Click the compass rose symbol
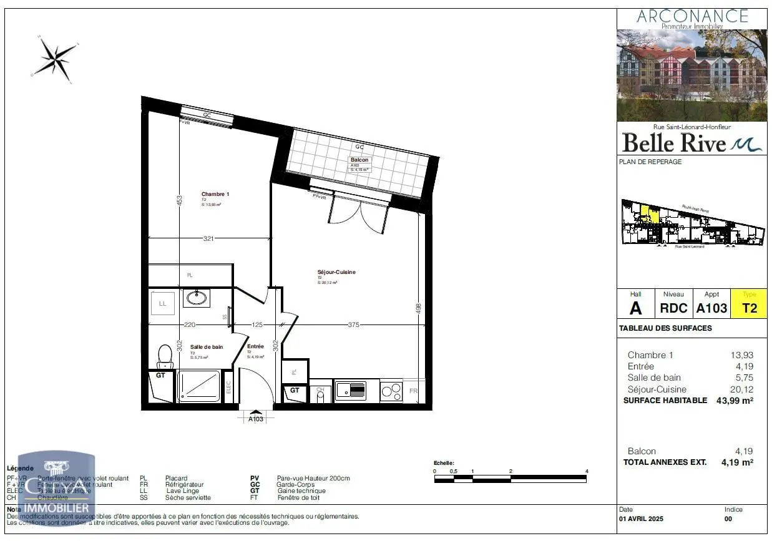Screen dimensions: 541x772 [56, 58]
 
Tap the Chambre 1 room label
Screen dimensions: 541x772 [215, 194]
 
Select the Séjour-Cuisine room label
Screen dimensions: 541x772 [336, 272]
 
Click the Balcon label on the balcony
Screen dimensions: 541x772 [359, 160]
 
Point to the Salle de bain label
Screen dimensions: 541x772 [206, 347]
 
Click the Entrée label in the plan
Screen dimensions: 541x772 [255, 346]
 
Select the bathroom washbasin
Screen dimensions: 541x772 [197, 298]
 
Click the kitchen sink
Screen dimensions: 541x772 [350, 391]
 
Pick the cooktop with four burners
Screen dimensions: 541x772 [391, 391]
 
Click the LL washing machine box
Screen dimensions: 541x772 [163, 304]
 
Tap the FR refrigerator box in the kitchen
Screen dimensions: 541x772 [413, 391]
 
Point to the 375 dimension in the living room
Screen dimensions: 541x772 [353, 324]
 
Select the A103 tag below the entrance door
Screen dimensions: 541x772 [255, 419]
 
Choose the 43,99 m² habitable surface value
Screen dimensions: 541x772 [734, 401]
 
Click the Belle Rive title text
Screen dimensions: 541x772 [674, 143]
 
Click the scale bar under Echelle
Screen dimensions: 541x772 [510, 479]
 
